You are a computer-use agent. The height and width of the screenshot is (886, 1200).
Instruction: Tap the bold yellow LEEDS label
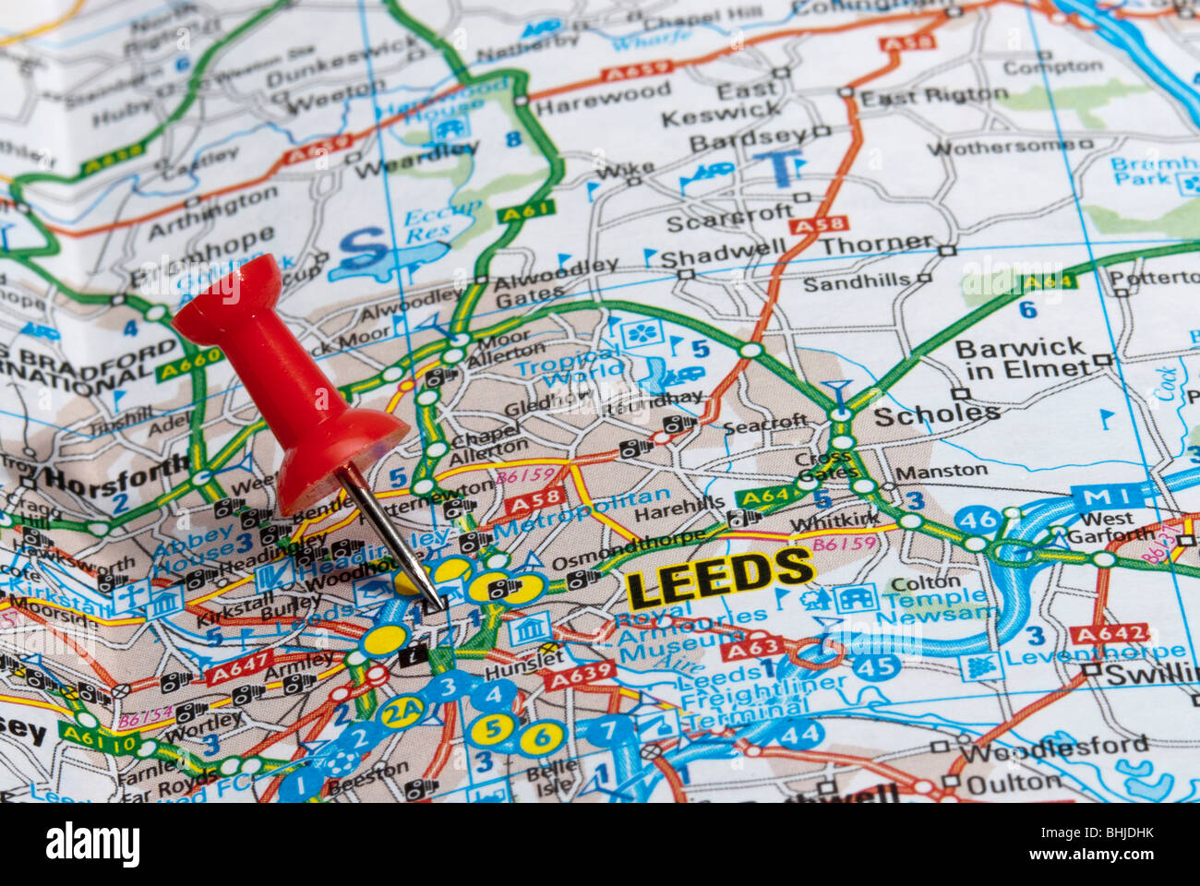[x=719, y=576]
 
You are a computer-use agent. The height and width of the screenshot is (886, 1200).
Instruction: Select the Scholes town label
[x=936, y=414]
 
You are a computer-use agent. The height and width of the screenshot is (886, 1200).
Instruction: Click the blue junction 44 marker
[x=799, y=735]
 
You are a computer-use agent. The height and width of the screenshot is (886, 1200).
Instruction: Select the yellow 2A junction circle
[x=402, y=712]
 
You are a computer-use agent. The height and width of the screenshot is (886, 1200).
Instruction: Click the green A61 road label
[x=526, y=211]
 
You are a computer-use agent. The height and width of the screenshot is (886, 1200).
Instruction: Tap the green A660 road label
[x=189, y=363]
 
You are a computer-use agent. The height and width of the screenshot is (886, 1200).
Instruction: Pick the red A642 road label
[x=1108, y=634]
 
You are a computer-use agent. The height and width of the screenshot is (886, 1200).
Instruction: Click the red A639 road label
[x=580, y=676]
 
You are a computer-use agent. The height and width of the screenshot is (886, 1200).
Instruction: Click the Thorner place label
[x=877, y=245]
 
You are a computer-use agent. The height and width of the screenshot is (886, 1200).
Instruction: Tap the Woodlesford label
[x=1053, y=746]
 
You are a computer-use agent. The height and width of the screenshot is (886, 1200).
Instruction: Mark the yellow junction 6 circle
[x=541, y=736]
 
